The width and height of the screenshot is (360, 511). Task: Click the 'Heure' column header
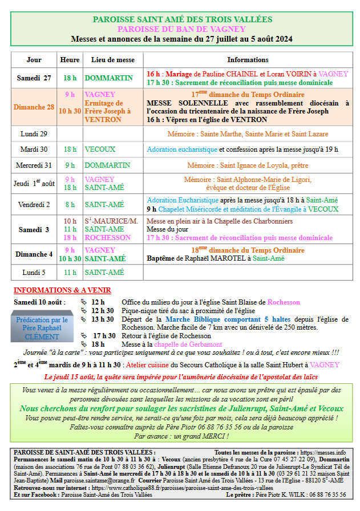tap(70, 60)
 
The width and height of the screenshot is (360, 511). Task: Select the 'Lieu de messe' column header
tap(112, 60)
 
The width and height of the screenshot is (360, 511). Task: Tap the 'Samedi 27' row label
tap(34, 78)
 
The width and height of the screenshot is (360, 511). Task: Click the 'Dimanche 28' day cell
tap(34, 107)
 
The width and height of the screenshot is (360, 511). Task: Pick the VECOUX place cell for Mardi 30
tap(100, 149)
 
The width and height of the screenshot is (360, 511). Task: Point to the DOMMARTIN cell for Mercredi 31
tap(107, 165)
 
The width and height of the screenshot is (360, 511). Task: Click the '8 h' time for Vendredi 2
tap(70, 204)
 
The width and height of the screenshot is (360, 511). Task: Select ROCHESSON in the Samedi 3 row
tap(107, 238)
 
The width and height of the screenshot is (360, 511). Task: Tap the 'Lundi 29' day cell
tap(34, 133)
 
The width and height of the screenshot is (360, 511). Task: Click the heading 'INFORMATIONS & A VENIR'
tap(62, 290)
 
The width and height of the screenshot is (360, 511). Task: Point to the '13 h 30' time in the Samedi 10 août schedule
tap(103, 319)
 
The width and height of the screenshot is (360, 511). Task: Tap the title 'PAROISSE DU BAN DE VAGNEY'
tap(182, 29)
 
